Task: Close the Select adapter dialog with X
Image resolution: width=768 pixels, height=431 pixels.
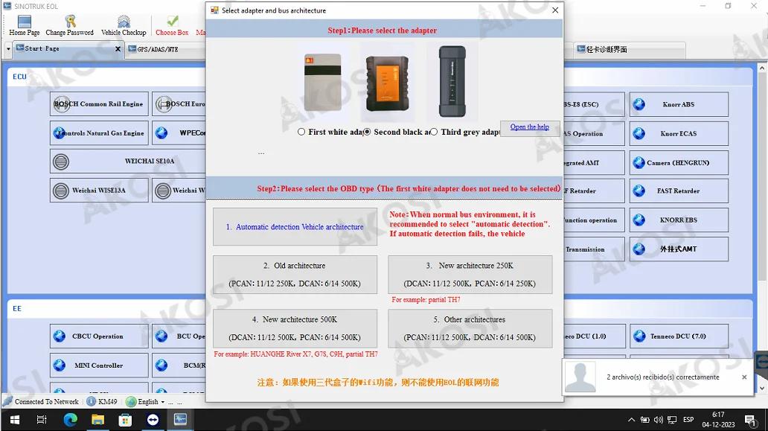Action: click(554, 10)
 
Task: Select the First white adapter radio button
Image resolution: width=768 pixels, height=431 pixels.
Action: click(301, 132)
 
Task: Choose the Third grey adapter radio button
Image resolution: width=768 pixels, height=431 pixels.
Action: click(434, 132)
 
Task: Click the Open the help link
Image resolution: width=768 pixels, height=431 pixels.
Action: click(529, 127)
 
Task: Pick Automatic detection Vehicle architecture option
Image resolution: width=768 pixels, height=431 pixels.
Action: click(295, 227)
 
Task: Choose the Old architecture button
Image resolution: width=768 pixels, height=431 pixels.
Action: click(295, 275)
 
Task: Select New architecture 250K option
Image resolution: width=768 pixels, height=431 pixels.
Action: click(470, 275)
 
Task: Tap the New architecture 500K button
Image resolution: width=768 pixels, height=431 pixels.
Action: click(295, 328)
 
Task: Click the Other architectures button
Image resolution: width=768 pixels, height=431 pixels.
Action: click(470, 328)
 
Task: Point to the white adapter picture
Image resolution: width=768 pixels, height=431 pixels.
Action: click(322, 82)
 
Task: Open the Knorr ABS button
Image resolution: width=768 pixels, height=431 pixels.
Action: click(679, 105)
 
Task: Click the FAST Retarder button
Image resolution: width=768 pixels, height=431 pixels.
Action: click(679, 191)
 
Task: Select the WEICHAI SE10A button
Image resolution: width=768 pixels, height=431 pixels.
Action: click(127, 162)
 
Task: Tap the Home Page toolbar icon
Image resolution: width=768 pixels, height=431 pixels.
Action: click(24, 25)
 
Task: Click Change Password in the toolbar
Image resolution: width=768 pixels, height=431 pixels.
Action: click(69, 25)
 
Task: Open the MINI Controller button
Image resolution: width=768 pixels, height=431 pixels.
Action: click(99, 365)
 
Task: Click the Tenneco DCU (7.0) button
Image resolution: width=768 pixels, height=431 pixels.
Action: click(679, 336)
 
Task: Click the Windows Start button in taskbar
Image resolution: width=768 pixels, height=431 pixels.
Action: click(13, 420)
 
